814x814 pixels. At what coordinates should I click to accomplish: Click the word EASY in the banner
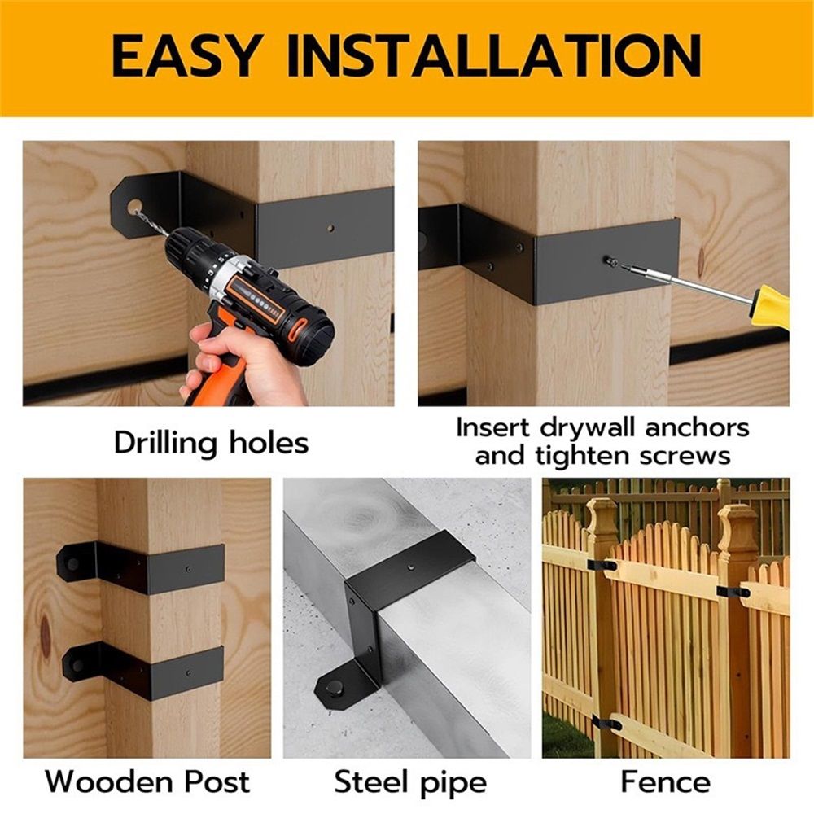(x=186, y=55)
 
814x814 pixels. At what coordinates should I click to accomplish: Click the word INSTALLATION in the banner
(x=494, y=55)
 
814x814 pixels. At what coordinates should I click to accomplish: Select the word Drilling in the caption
(x=165, y=444)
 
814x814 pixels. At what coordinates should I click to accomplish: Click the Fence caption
(x=666, y=781)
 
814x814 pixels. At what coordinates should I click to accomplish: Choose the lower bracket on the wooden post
(x=142, y=671)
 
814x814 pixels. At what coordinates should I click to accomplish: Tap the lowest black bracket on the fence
(x=606, y=723)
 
